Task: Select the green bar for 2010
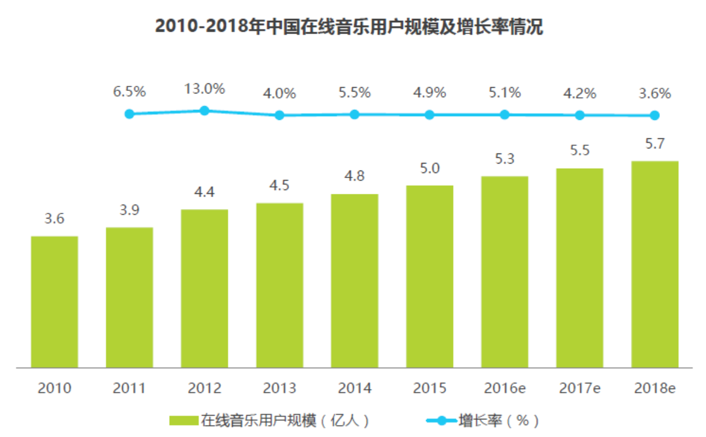pyautogui.click(x=54, y=302)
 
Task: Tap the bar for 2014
pyautogui.click(x=355, y=281)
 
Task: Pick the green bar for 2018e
pyautogui.click(x=655, y=264)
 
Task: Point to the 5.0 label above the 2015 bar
pyautogui.click(x=430, y=169)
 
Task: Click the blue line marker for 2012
pyautogui.click(x=204, y=111)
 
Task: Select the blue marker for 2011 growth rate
pyautogui.click(x=129, y=114)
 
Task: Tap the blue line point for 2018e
pyautogui.click(x=655, y=115)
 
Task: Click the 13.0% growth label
pyautogui.click(x=204, y=88)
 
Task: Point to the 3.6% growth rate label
pyautogui.click(x=655, y=93)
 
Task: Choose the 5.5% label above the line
pyautogui.click(x=355, y=93)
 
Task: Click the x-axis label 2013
pyautogui.click(x=279, y=388)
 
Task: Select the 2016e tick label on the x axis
pyautogui.click(x=505, y=388)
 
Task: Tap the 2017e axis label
pyautogui.click(x=580, y=388)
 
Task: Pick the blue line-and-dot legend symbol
pyautogui.click(x=441, y=421)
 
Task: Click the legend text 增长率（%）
pyautogui.click(x=499, y=421)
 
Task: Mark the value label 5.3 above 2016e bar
pyautogui.click(x=505, y=160)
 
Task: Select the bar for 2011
pyautogui.click(x=129, y=297)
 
